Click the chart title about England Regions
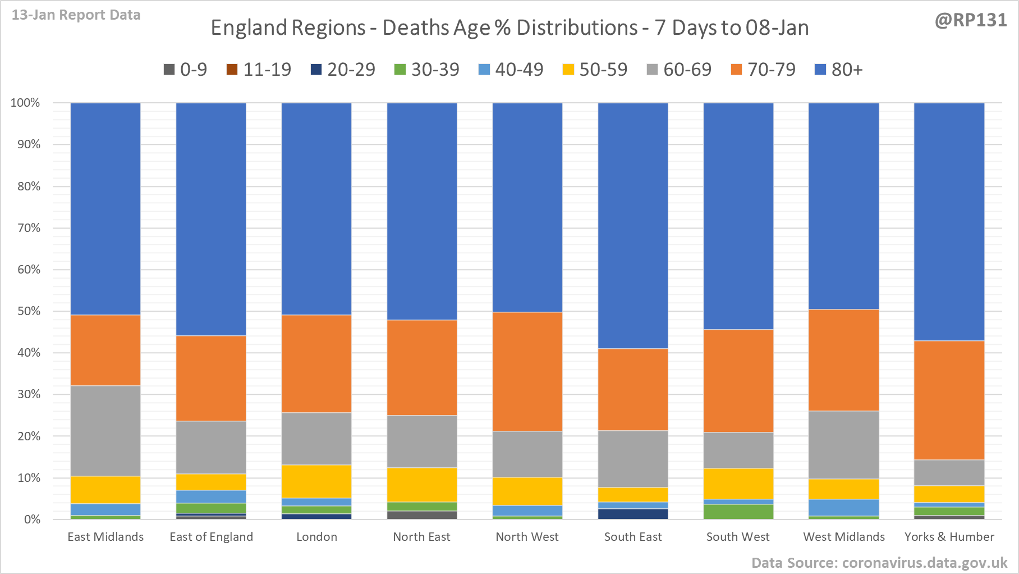[x=509, y=28]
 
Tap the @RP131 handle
[x=971, y=20]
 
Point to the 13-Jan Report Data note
[x=76, y=15]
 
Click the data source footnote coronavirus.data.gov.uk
[x=879, y=563]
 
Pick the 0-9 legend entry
[x=186, y=70]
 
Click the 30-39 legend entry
[x=427, y=70]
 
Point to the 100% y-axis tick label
[x=26, y=103]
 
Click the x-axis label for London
[x=316, y=537]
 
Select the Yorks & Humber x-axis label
[x=949, y=537]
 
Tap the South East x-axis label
[x=633, y=537]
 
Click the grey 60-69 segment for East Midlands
[x=105, y=431]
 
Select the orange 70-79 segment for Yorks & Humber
[x=949, y=400]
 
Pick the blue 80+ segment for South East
[x=633, y=225]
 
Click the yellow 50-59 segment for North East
[x=422, y=485]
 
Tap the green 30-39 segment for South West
[x=738, y=512]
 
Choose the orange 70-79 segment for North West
[x=527, y=371]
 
